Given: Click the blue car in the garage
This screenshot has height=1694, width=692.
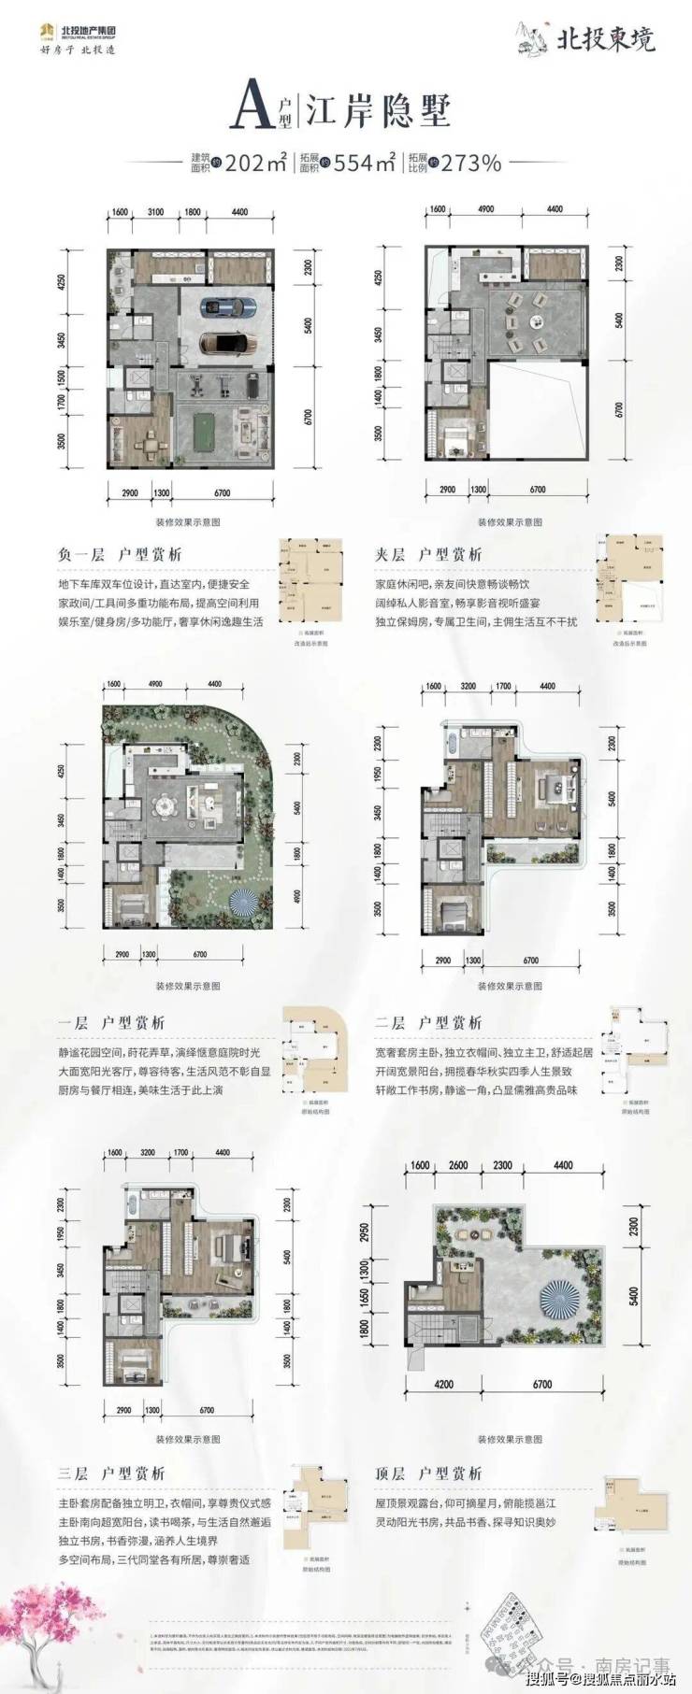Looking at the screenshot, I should click(228, 306).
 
